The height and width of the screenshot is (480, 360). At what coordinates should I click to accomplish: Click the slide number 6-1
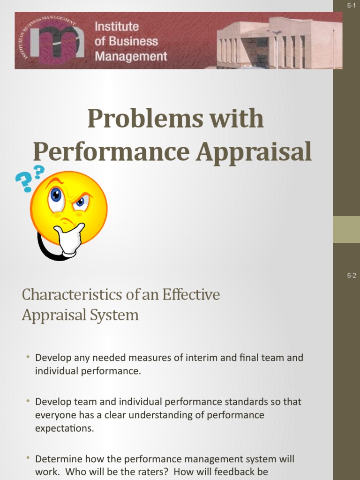coord(351,5)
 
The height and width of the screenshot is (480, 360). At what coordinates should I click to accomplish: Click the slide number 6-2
coord(351,276)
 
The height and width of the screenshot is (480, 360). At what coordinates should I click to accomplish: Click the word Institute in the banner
coord(117,27)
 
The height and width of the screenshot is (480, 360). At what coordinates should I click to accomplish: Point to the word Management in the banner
coord(131,57)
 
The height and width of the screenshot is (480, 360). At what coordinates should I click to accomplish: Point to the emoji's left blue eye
coord(56,195)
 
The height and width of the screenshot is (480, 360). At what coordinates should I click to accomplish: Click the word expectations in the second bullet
coord(65,428)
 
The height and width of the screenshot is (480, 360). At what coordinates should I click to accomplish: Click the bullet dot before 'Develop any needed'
coord(28,357)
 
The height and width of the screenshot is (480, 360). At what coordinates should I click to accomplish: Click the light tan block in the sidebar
coord(346,229)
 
